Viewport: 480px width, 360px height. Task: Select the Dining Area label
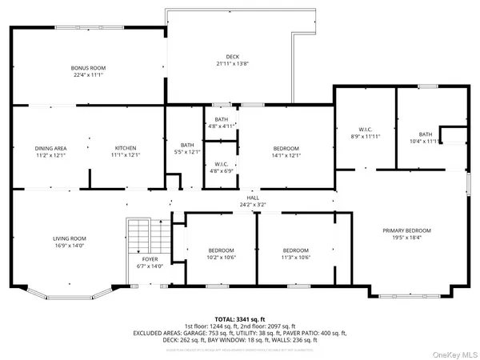coord(50,148)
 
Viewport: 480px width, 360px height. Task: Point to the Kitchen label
coord(126,148)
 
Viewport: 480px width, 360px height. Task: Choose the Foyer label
coord(150,259)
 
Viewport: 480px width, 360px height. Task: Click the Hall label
coord(253,198)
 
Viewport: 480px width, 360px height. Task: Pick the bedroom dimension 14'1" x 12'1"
coord(286,155)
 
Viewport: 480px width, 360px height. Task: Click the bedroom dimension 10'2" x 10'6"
coord(222,257)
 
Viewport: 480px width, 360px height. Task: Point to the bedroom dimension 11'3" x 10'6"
coord(295,257)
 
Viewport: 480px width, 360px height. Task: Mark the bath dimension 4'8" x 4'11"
coord(221,126)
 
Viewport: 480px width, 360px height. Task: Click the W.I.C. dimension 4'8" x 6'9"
coord(220,170)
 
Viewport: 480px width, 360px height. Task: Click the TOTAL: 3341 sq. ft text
coord(239,318)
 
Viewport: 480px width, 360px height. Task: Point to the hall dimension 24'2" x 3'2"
coord(253,205)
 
